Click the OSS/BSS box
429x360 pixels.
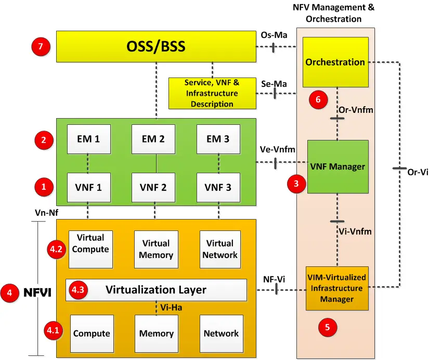tap(156, 46)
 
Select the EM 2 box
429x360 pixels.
tap(153, 139)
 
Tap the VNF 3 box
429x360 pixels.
tap(218, 187)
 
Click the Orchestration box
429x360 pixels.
tap(335, 62)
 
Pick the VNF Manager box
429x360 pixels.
tap(337, 166)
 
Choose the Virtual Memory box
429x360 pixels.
tap(156, 249)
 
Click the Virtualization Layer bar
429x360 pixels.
tap(156, 290)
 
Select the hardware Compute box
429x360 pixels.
tap(92, 333)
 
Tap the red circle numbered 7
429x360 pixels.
tap(41, 46)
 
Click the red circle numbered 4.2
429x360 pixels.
tap(56, 249)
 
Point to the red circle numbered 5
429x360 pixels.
tap(327, 327)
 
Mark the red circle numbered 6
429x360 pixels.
tap(318, 99)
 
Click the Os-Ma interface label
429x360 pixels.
tap(274, 35)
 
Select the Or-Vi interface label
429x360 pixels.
tap(418, 172)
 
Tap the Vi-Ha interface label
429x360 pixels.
tap(171, 307)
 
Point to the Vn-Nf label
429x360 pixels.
tap(46, 212)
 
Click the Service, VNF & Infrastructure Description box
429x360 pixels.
tap(212, 93)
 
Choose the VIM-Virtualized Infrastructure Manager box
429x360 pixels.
tap(337, 288)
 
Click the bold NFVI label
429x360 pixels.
tap(37, 293)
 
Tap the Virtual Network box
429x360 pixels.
tap(220, 249)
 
